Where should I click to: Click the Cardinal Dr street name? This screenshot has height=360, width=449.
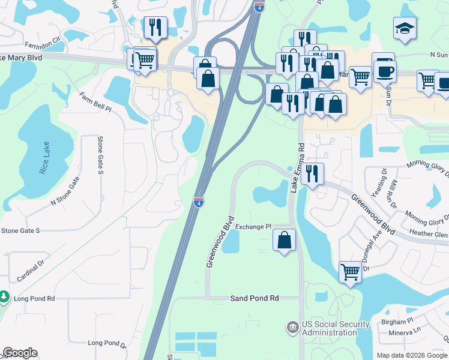click(x=31, y=271)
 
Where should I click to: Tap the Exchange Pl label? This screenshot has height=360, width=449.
click(x=253, y=226)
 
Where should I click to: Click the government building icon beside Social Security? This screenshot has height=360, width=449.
click(x=292, y=328)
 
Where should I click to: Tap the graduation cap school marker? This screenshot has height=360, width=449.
click(x=405, y=28)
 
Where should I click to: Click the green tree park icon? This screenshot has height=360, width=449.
click(x=4, y=297)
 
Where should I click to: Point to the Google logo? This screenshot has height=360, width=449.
click(x=20, y=353)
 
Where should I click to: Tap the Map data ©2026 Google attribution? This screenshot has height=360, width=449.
click(x=412, y=355)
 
